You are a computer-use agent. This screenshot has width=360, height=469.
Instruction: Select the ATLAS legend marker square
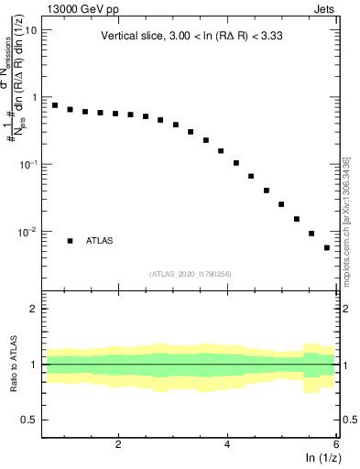coord(70,241)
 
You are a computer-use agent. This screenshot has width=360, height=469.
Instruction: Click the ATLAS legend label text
coord(101,241)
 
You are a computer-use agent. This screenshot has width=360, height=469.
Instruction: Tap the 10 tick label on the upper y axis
coord(30,29)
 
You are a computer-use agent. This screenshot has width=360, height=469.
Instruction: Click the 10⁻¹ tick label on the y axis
coord(27,164)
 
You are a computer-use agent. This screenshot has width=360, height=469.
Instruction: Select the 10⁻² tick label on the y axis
coord(27,232)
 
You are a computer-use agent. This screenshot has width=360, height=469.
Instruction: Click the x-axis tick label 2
coord(118,444)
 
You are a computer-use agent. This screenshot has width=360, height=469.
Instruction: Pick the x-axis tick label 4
coord(227,444)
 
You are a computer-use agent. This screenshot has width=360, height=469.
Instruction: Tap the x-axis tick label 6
coord(336,444)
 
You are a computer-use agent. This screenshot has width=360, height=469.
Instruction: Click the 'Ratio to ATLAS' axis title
coord(12,365)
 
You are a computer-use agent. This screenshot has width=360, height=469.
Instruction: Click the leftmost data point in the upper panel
coord(55,105)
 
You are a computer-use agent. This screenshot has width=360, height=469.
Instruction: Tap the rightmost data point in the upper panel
coord(327,247)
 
